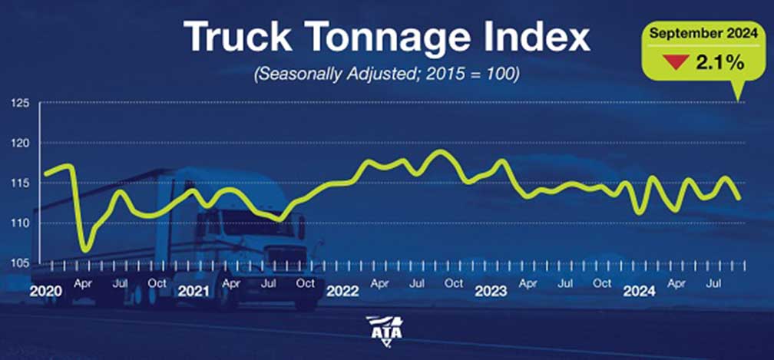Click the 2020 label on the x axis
[45, 292]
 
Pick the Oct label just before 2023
[454, 282]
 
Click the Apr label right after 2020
[83, 282]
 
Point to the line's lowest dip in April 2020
[85, 250]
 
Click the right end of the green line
[739, 198]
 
